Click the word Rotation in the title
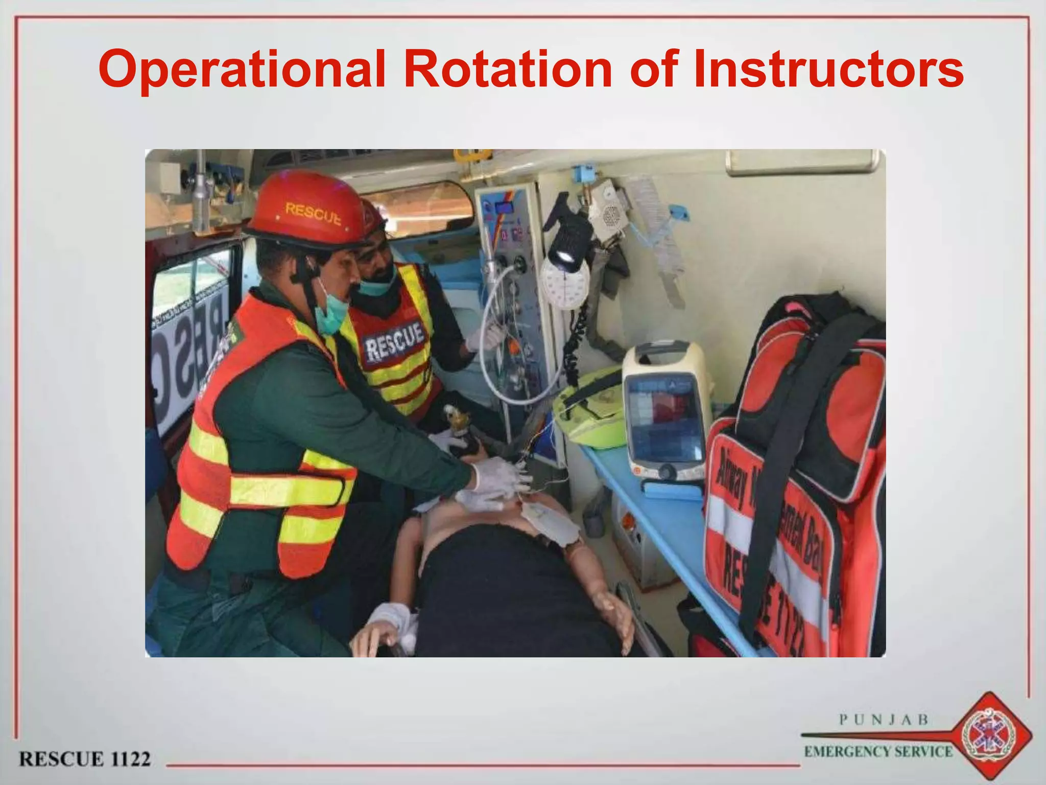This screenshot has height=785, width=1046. coord(507,70)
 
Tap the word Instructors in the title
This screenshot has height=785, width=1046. coord(827,70)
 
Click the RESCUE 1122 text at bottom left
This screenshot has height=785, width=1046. coord(85,758)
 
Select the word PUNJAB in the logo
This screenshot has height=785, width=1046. coord(884,720)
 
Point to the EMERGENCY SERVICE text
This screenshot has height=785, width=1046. coord(878,751)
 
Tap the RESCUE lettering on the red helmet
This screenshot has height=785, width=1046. coord(313,213)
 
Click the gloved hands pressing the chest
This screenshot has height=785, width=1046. coord(495,483)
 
